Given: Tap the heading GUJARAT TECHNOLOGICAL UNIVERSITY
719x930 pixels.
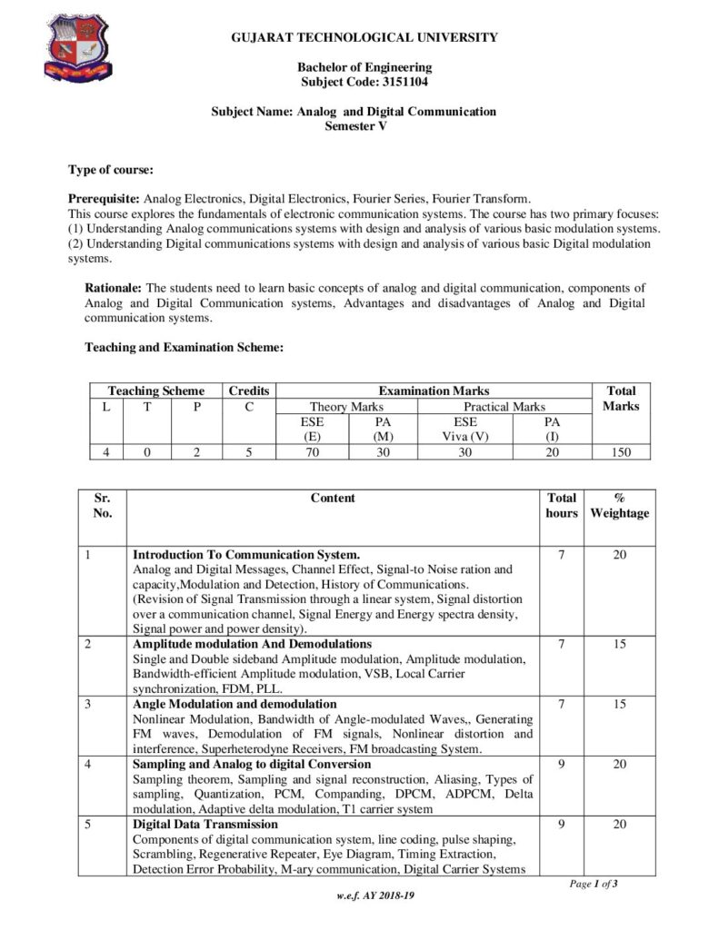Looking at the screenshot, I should pos(364,38).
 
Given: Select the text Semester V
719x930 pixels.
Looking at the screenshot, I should pos(355,126).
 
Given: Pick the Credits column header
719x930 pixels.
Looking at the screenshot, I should pos(249,391).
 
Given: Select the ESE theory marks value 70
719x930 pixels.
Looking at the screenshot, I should pos(312,451).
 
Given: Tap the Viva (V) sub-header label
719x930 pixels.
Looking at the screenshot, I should pos(465,436).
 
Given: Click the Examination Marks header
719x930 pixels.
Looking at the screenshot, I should pos(434,391).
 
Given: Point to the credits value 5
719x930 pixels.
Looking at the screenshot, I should pos(249,451).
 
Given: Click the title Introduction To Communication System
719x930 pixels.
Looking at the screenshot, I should pos(246,554).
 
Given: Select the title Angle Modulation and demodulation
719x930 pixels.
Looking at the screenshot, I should pos(235,704).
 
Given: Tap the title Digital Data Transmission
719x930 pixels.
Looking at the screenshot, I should pos(205,824).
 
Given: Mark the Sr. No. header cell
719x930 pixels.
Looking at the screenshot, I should pos(102,506).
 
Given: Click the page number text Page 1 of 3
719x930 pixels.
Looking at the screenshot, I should pos(594,884).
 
